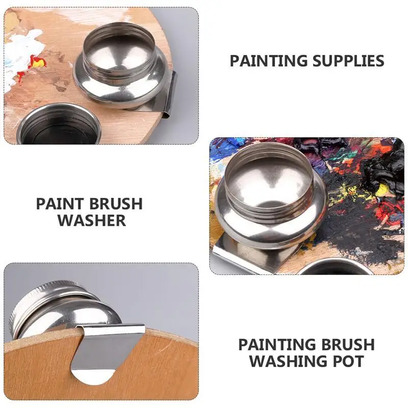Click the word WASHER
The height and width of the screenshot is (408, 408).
[92, 221]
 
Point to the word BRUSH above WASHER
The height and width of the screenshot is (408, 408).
[116, 204]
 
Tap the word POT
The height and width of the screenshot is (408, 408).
[351, 362]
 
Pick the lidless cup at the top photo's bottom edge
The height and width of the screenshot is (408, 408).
[59, 125]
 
